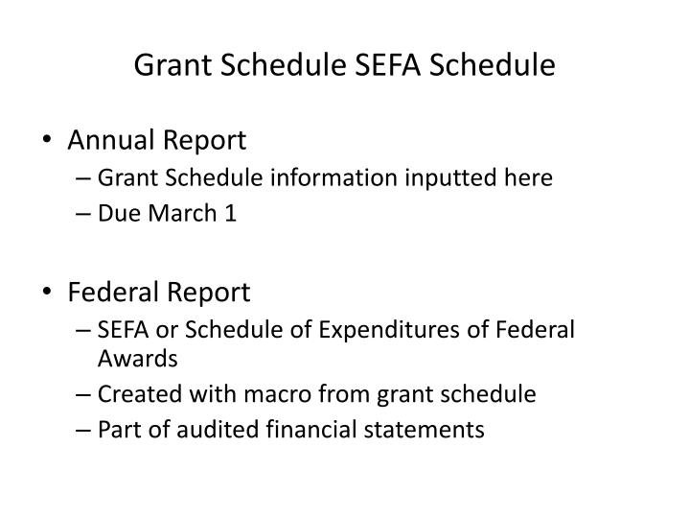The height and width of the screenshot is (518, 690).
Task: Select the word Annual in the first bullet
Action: (107, 141)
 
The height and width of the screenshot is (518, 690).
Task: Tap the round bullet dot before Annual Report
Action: (49, 141)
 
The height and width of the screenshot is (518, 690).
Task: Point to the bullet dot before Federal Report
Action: (49, 291)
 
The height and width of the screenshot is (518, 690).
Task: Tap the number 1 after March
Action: (230, 213)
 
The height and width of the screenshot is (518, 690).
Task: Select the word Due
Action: (120, 213)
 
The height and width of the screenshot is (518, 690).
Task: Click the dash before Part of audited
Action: (84, 430)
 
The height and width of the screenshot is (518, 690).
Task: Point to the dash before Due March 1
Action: (84, 214)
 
